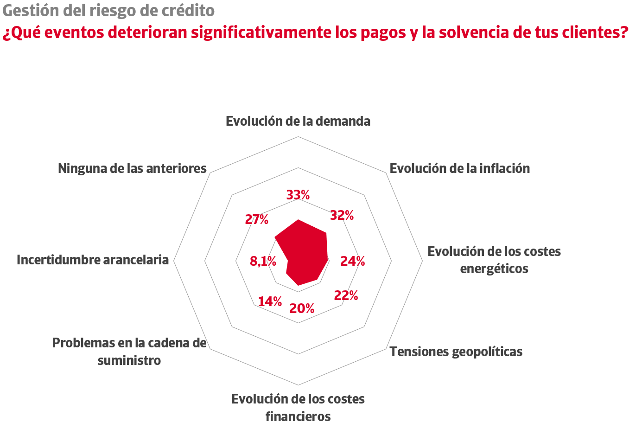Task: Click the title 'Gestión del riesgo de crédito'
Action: [x=108, y=10]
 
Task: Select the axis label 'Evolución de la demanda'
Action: [x=298, y=121]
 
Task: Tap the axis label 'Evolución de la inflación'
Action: [x=459, y=168]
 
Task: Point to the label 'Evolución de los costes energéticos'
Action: [x=494, y=260]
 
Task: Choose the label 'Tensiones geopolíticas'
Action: [x=456, y=352]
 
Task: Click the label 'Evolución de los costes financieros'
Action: [x=298, y=408]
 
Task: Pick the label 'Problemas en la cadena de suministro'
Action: [x=129, y=352]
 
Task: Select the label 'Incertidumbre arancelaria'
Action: [x=93, y=260]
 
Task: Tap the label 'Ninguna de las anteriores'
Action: [x=132, y=168]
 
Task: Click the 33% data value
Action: [x=298, y=195]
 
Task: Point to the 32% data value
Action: [x=342, y=215]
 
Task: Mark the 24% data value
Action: [x=353, y=262]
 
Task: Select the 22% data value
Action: [x=346, y=295]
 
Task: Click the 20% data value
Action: [x=302, y=308]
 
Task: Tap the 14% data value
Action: [x=270, y=301]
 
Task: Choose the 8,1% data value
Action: [x=263, y=262]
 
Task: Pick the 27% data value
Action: [x=257, y=219]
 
